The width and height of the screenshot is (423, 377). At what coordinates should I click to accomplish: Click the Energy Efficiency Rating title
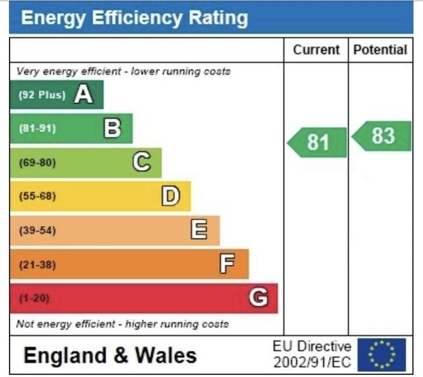click(x=134, y=18)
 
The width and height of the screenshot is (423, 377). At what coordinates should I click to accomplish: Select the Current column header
click(x=316, y=49)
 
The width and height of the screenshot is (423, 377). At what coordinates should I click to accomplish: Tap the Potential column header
click(x=380, y=49)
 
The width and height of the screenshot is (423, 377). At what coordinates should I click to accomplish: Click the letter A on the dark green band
click(x=84, y=95)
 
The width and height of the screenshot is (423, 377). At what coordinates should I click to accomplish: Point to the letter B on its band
click(x=112, y=128)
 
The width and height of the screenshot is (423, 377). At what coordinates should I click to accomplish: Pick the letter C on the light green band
click(x=141, y=162)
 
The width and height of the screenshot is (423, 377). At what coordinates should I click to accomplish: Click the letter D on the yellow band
click(x=170, y=197)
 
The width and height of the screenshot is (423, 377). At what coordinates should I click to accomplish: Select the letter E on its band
click(x=199, y=230)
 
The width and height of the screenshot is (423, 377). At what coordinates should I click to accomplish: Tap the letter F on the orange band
click(x=228, y=264)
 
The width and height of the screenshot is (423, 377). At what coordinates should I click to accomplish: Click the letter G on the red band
click(x=258, y=297)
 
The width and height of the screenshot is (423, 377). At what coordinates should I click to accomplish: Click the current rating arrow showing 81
click(x=317, y=142)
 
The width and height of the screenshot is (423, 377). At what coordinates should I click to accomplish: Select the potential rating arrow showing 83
click(x=382, y=136)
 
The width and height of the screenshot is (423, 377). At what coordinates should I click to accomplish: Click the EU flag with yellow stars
click(x=382, y=354)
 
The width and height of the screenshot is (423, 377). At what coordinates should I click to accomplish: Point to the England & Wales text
click(x=110, y=355)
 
